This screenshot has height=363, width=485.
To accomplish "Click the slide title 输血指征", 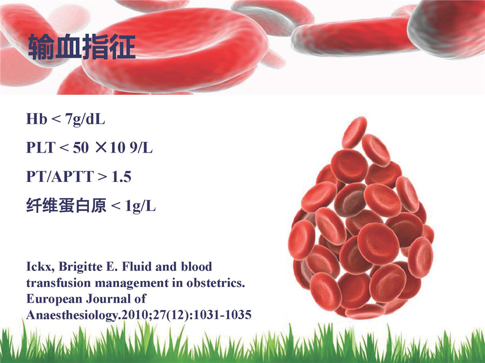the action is coord(82,47).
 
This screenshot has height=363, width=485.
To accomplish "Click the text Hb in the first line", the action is coord(37,119).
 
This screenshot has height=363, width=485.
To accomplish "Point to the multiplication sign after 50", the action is coord(101,148).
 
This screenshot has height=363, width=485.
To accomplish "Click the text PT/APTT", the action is coord(60,177).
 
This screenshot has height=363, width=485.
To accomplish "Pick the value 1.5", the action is coord(122,177).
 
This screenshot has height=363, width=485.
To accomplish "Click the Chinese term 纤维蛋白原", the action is coord(66,205).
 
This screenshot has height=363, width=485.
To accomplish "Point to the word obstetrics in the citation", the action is coord(216,282).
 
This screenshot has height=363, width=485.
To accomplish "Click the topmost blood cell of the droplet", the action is coord(354,132).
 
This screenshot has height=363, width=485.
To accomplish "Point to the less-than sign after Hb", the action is coord(56,119).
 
